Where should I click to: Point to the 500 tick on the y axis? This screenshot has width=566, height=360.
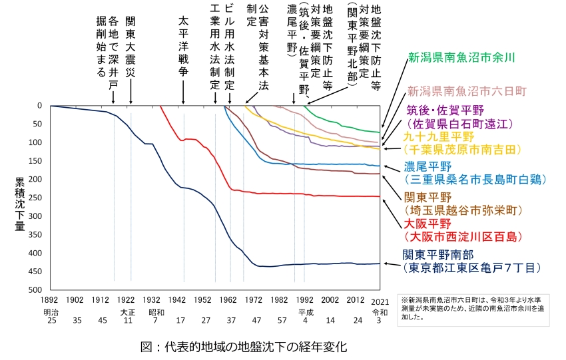[35, 290]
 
